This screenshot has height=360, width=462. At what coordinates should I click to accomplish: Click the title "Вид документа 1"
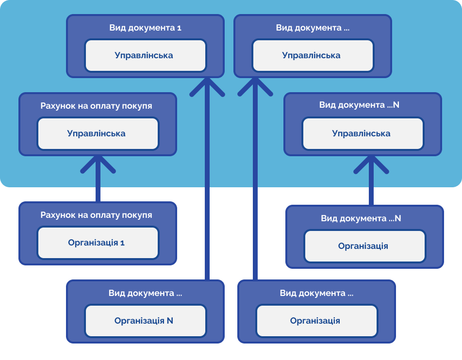145,28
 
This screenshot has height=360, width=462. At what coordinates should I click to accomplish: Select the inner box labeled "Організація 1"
98,243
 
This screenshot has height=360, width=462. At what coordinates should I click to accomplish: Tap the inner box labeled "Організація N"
145,321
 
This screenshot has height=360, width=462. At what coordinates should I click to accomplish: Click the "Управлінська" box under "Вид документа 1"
145,55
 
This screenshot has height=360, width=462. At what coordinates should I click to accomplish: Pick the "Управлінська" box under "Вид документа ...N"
362,133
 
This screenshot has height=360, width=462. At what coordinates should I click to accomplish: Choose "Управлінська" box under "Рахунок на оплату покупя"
98,133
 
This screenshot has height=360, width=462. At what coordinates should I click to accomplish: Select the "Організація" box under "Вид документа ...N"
364,246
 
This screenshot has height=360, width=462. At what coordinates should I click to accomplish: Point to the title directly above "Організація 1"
96,214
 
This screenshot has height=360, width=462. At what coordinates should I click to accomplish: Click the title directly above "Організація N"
145,293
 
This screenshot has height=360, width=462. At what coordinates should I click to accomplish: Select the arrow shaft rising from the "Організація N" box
207,194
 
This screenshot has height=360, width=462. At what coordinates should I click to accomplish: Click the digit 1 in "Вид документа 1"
179,28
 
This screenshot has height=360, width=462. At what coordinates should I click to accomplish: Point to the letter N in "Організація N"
170,321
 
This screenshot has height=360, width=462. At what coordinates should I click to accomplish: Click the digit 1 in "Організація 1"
123,243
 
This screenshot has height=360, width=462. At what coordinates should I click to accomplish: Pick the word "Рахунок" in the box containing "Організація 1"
56,214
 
